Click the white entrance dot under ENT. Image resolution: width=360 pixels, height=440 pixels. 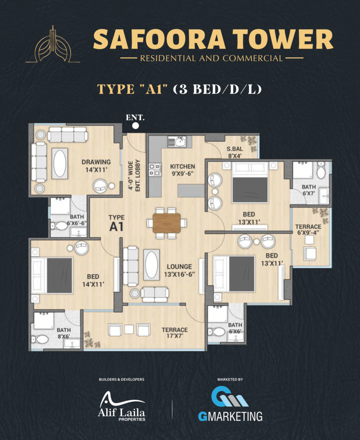[x=135, y=126]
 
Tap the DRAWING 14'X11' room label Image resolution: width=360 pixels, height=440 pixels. [x=96, y=166]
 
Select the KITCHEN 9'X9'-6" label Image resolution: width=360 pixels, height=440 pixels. [x=183, y=170]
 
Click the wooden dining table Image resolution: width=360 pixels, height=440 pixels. [x=167, y=223]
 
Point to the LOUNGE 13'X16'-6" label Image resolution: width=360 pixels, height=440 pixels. [x=180, y=270]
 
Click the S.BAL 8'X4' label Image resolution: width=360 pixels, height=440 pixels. [x=235, y=153]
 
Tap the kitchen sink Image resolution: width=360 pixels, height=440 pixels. [x=177, y=142]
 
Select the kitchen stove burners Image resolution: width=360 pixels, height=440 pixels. [x=155, y=170]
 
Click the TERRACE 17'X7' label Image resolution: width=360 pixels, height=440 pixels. [x=174, y=333]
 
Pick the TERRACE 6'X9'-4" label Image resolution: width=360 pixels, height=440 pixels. [x=308, y=229]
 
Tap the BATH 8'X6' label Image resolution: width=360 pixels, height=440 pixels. [x=64, y=333]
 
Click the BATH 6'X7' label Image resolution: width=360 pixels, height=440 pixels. [x=308, y=190]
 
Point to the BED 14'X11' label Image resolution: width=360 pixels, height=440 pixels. [x=93, y=280]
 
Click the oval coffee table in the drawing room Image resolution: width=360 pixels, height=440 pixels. [x=60, y=163]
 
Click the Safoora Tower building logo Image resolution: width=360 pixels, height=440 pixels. [x=53, y=44]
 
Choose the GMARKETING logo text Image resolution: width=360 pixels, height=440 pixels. [x=230, y=416]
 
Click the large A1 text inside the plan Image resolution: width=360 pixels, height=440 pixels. [x=116, y=227]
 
